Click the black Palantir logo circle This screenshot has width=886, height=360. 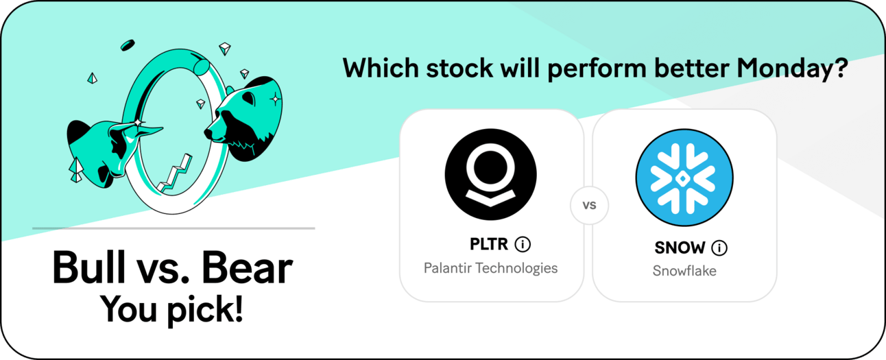click(490, 174)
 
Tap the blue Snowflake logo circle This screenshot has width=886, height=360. click(684, 178)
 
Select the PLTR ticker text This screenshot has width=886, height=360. click(488, 244)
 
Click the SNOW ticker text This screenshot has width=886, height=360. click(680, 248)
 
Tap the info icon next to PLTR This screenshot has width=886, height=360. click(523, 244)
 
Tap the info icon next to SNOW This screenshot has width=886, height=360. click(719, 248)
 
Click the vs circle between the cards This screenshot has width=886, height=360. click(589, 205)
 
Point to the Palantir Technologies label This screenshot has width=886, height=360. click(490, 268)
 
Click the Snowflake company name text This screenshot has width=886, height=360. click(684, 271)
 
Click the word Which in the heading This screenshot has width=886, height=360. click(381, 68)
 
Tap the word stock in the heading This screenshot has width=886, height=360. click(459, 68)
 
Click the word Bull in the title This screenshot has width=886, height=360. click(88, 267)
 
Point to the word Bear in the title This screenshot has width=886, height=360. click(247, 267)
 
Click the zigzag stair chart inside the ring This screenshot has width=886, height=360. click(175, 174)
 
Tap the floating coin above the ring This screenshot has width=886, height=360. click(128, 45)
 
